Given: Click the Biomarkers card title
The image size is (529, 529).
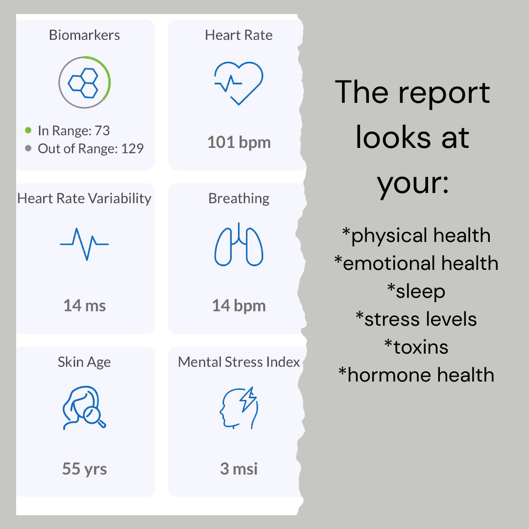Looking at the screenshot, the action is tap(84, 35).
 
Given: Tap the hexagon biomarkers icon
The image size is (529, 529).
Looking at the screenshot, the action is tap(83, 83).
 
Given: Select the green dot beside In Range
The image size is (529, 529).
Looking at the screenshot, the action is tap(28, 130).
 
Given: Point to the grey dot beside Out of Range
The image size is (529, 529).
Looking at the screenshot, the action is tap(28, 148).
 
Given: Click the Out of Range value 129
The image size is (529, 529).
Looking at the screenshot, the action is tap(132, 148).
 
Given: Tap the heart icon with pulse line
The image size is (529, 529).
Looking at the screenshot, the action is tap(239, 83).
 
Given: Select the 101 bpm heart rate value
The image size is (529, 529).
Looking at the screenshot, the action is tap(239, 143).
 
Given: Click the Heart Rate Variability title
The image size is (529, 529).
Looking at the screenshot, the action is tap(84, 198).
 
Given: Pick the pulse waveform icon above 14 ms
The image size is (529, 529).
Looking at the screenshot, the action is tap(84, 244).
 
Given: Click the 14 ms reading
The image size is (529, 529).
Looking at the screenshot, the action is tap(85, 306).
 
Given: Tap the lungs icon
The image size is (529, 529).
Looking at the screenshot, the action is tap(239, 244).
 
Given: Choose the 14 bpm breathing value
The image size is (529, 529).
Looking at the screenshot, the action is tap(239, 306).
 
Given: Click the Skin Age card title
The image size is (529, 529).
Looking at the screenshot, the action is tap(84, 362).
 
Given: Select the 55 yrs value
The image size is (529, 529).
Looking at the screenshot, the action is tap(85, 469).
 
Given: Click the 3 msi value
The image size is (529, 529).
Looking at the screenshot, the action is tap(239, 469).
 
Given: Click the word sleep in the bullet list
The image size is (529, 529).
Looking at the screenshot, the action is tap(420, 291).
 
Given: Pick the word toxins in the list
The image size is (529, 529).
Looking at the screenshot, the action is tap(421, 347).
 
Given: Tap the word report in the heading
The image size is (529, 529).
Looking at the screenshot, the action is tap(444, 93).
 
